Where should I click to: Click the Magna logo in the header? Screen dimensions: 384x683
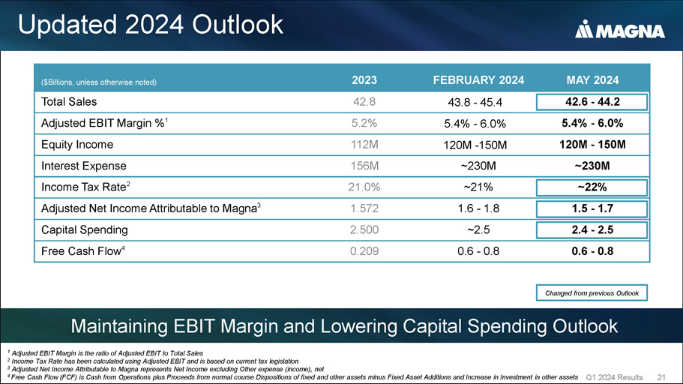point(619,30)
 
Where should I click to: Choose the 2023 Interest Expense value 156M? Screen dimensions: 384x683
point(364,166)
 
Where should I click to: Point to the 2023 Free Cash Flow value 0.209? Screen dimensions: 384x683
point(364,251)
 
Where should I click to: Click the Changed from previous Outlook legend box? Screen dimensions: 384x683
point(592,292)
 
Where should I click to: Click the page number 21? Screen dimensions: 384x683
point(661,376)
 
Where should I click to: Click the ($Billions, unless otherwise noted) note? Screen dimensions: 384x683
point(98,81)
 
